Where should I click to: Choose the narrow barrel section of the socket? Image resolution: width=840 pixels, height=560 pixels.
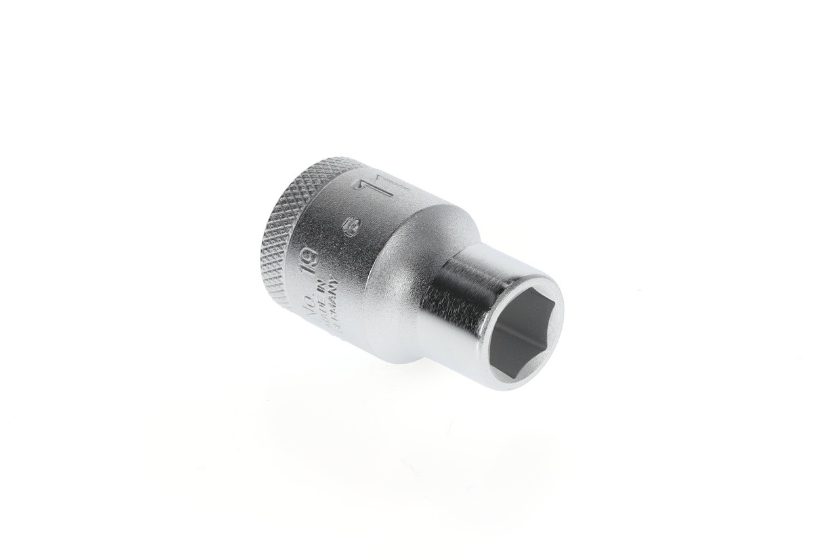click(x=453, y=289)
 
